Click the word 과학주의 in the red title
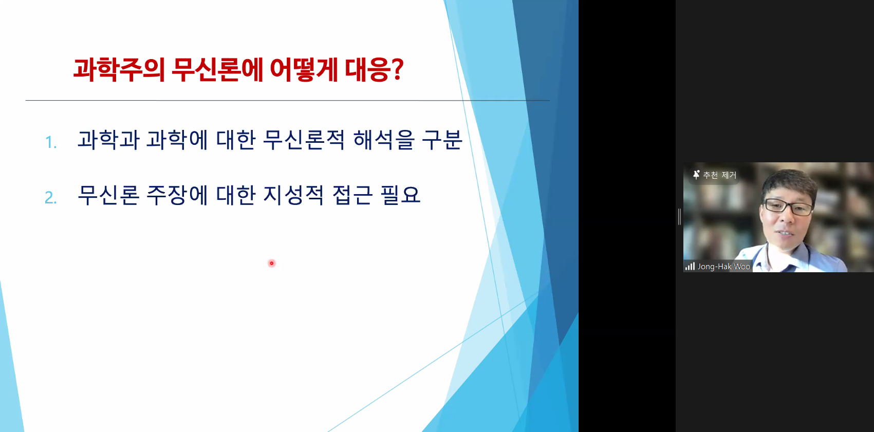click(x=119, y=70)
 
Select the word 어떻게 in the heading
click(x=304, y=70)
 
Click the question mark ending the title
click(x=397, y=69)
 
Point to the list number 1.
click(x=51, y=142)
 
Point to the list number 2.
click(x=51, y=197)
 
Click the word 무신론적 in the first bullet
click(x=304, y=140)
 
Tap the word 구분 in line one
click(x=442, y=140)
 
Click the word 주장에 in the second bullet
click(x=177, y=195)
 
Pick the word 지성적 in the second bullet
click(x=293, y=195)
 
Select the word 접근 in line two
click(x=352, y=195)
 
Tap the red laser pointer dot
click(x=272, y=264)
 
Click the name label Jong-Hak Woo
click(x=724, y=267)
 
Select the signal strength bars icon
click(x=690, y=267)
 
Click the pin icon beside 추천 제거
click(x=696, y=175)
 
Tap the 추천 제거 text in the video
click(x=719, y=175)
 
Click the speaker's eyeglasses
click(x=788, y=207)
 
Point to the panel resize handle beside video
click(x=680, y=217)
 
